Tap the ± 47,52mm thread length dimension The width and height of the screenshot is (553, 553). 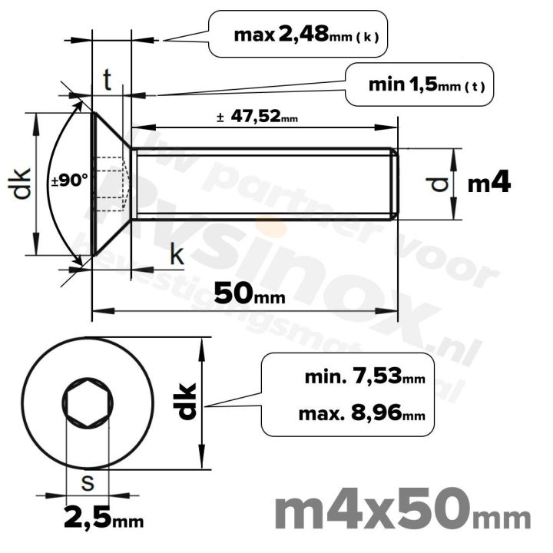(x=257, y=118)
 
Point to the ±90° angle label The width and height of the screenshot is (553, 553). (x=69, y=181)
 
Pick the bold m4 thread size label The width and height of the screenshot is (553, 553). (x=490, y=183)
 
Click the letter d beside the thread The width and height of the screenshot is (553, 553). (x=439, y=184)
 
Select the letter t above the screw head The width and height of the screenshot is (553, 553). (x=108, y=79)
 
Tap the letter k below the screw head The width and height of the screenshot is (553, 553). (x=177, y=257)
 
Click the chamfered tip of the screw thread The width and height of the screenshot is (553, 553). (x=396, y=184)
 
